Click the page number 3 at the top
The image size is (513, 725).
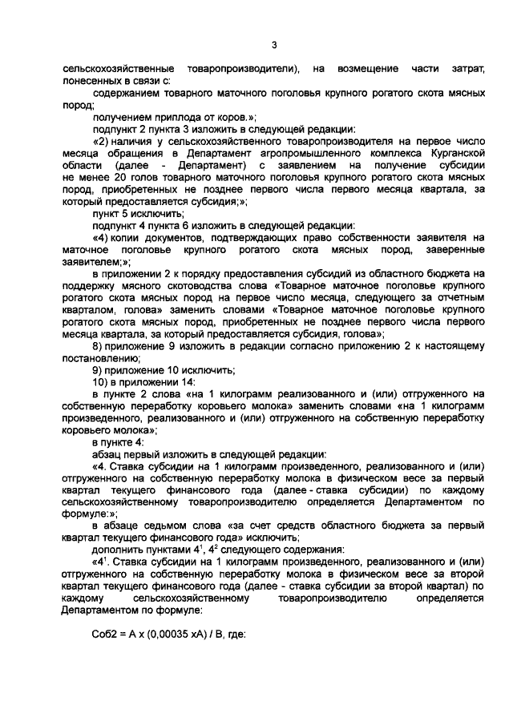[x=273, y=45]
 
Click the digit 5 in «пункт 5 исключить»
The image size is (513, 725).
[x=126, y=214]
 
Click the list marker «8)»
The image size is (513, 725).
[x=99, y=345]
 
